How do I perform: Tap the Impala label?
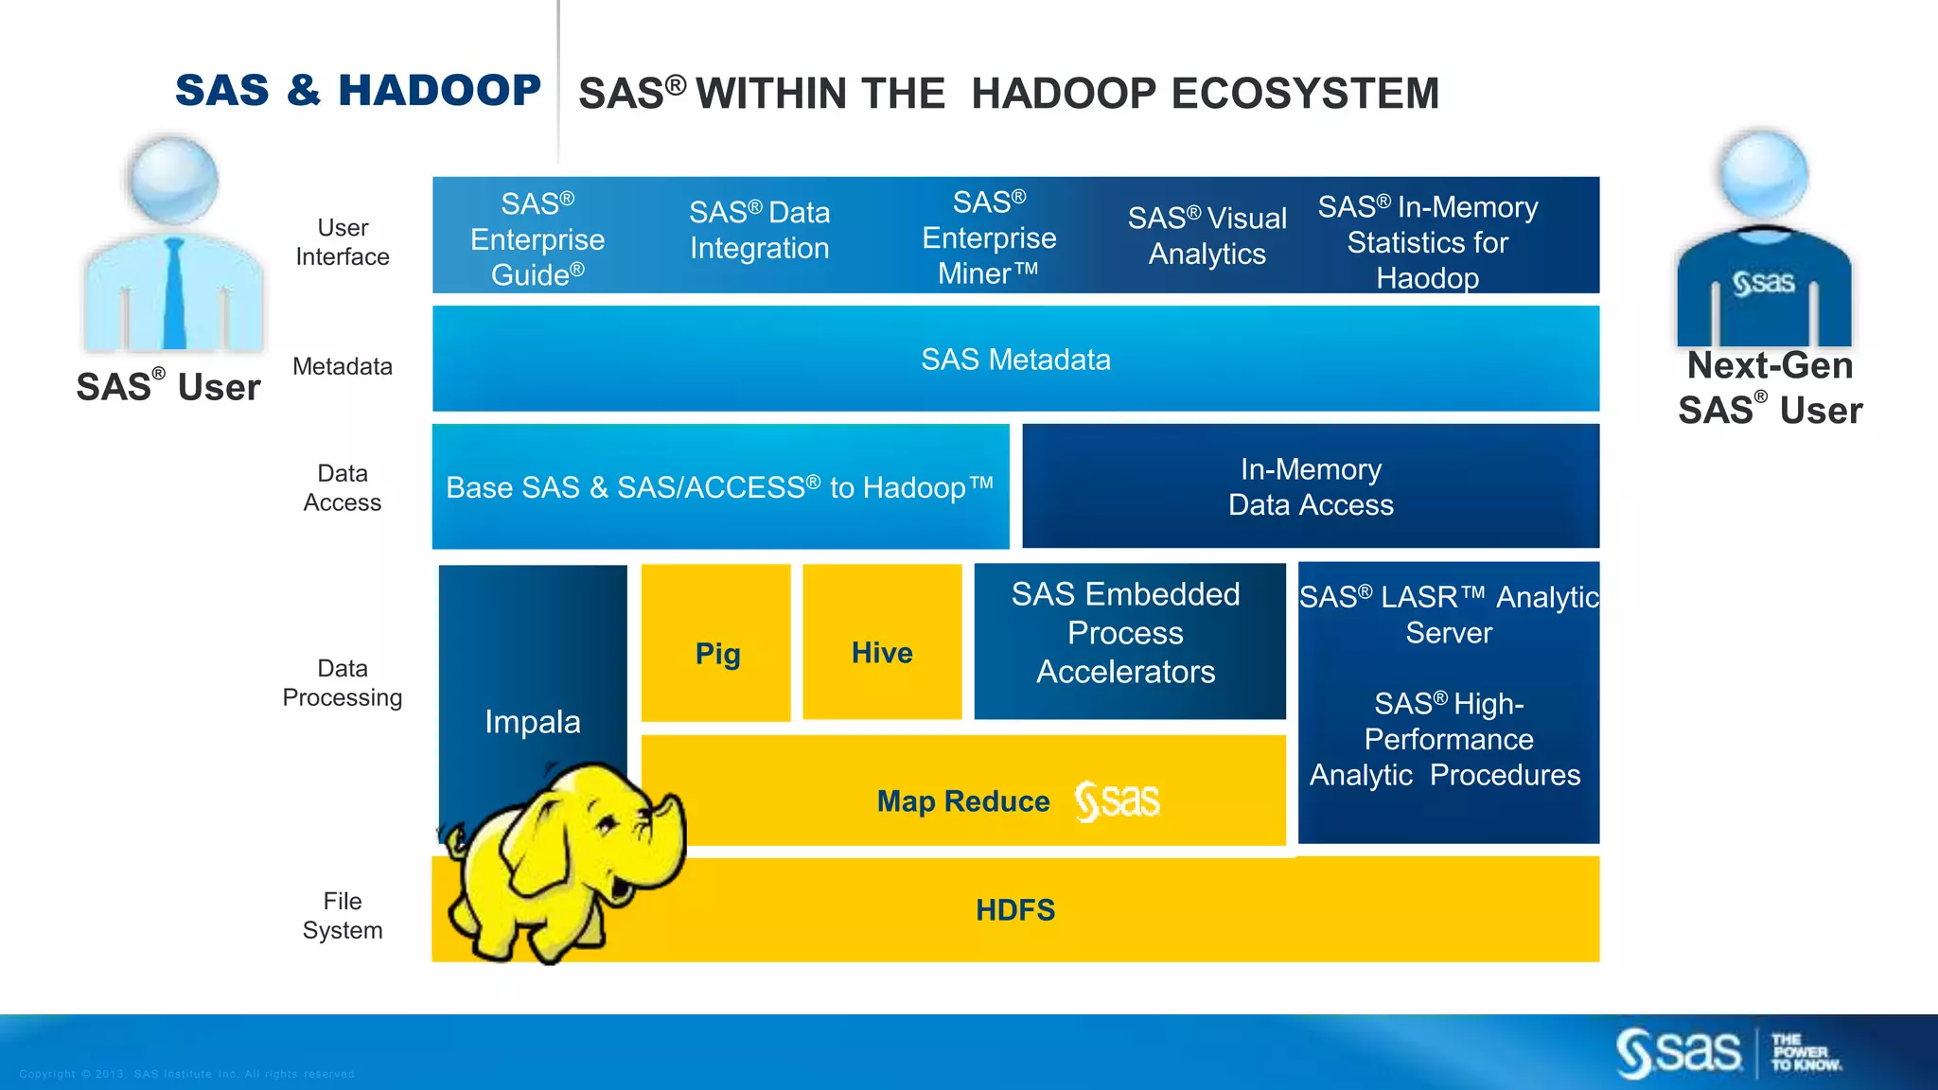[x=532, y=722]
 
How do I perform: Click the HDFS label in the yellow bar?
[x=1015, y=910]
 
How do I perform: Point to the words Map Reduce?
[x=962, y=801]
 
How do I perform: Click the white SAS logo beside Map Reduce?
[x=1117, y=801]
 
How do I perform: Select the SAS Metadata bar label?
[x=1015, y=360]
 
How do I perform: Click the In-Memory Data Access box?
[x=1311, y=486]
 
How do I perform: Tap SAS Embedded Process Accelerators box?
[x=1126, y=633]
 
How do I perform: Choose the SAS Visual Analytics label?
[x=1207, y=236]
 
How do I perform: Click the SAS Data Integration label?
[x=759, y=230]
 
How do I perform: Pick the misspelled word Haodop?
[x=1427, y=278]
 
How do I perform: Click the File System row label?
[x=343, y=915]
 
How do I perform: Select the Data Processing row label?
[x=343, y=682]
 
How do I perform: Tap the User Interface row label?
[x=343, y=242]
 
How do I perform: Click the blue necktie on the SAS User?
[x=175, y=293]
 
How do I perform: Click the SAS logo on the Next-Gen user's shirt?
[x=1764, y=282]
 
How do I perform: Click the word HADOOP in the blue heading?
[x=439, y=91]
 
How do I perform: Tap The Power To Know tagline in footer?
[x=1806, y=1052]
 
